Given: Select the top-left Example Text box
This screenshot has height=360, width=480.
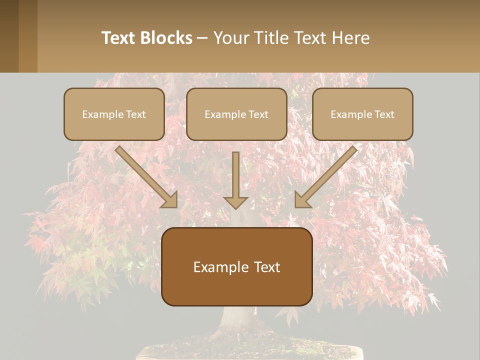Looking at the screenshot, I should (x=114, y=114).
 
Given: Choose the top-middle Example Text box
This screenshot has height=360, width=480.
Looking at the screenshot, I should (x=236, y=114).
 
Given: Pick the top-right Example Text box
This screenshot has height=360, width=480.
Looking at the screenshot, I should (x=362, y=114).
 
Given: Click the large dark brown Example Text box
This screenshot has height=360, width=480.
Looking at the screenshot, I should (x=236, y=266).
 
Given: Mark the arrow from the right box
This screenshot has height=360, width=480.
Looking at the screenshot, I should (x=325, y=177).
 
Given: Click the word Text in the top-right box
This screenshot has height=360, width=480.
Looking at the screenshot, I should (x=384, y=114).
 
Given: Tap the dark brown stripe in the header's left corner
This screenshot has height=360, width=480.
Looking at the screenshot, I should (x=9, y=36).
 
